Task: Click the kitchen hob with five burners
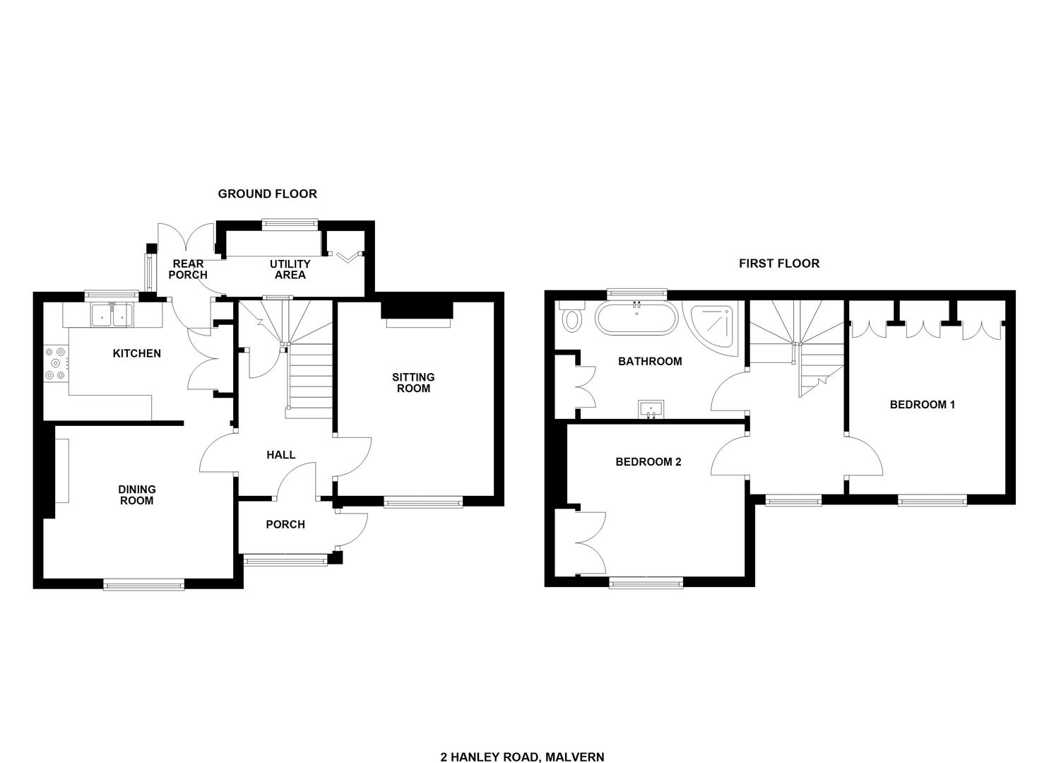[x=56, y=362]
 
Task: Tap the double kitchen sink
[x=112, y=314]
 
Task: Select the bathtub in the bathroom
[x=636, y=318]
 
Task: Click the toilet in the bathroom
[x=572, y=317]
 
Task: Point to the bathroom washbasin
[x=651, y=409]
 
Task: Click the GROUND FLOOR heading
[x=268, y=194]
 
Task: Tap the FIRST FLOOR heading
[x=779, y=264]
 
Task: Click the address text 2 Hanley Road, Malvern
[x=522, y=744]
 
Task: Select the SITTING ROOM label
[x=413, y=383]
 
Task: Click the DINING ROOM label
[x=137, y=495]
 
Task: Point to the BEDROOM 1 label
[x=922, y=405]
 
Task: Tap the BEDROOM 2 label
[x=648, y=462]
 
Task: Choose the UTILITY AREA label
[x=290, y=269]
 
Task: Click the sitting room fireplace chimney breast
[x=417, y=310]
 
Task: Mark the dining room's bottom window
[x=144, y=584]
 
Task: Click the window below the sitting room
[x=423, y=503]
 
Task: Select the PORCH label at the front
[x=285, y=525]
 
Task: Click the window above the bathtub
[x=637, y=294]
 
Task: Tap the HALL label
[x=281, y=455]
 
